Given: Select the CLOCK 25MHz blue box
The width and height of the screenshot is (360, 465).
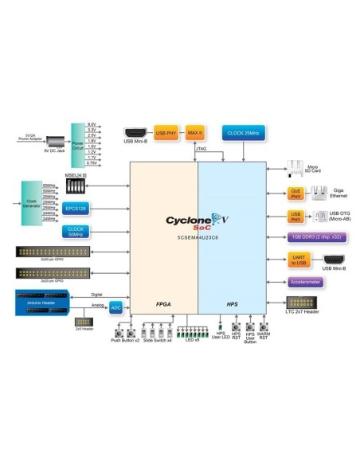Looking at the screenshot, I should (x=243, y=131).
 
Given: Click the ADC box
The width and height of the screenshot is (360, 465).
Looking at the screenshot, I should (x=115, y=307).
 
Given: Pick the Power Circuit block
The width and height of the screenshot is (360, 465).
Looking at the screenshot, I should (x=78, y=145).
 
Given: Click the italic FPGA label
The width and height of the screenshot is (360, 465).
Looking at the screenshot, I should (x=164, y=304).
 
